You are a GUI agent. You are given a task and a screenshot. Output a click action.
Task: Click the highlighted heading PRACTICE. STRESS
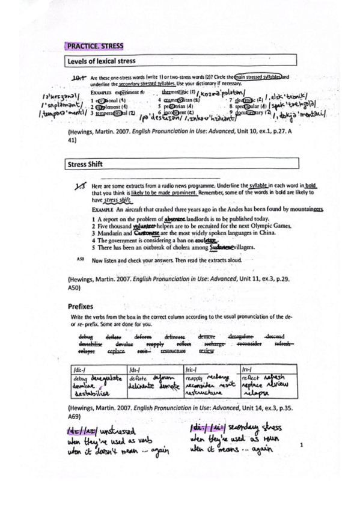pos(94,45)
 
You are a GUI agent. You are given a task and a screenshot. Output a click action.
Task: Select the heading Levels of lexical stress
pos(101,61)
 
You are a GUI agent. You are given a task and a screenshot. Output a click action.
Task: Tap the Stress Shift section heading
pos(85,163)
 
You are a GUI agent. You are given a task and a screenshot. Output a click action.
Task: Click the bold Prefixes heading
pos(81,306)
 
